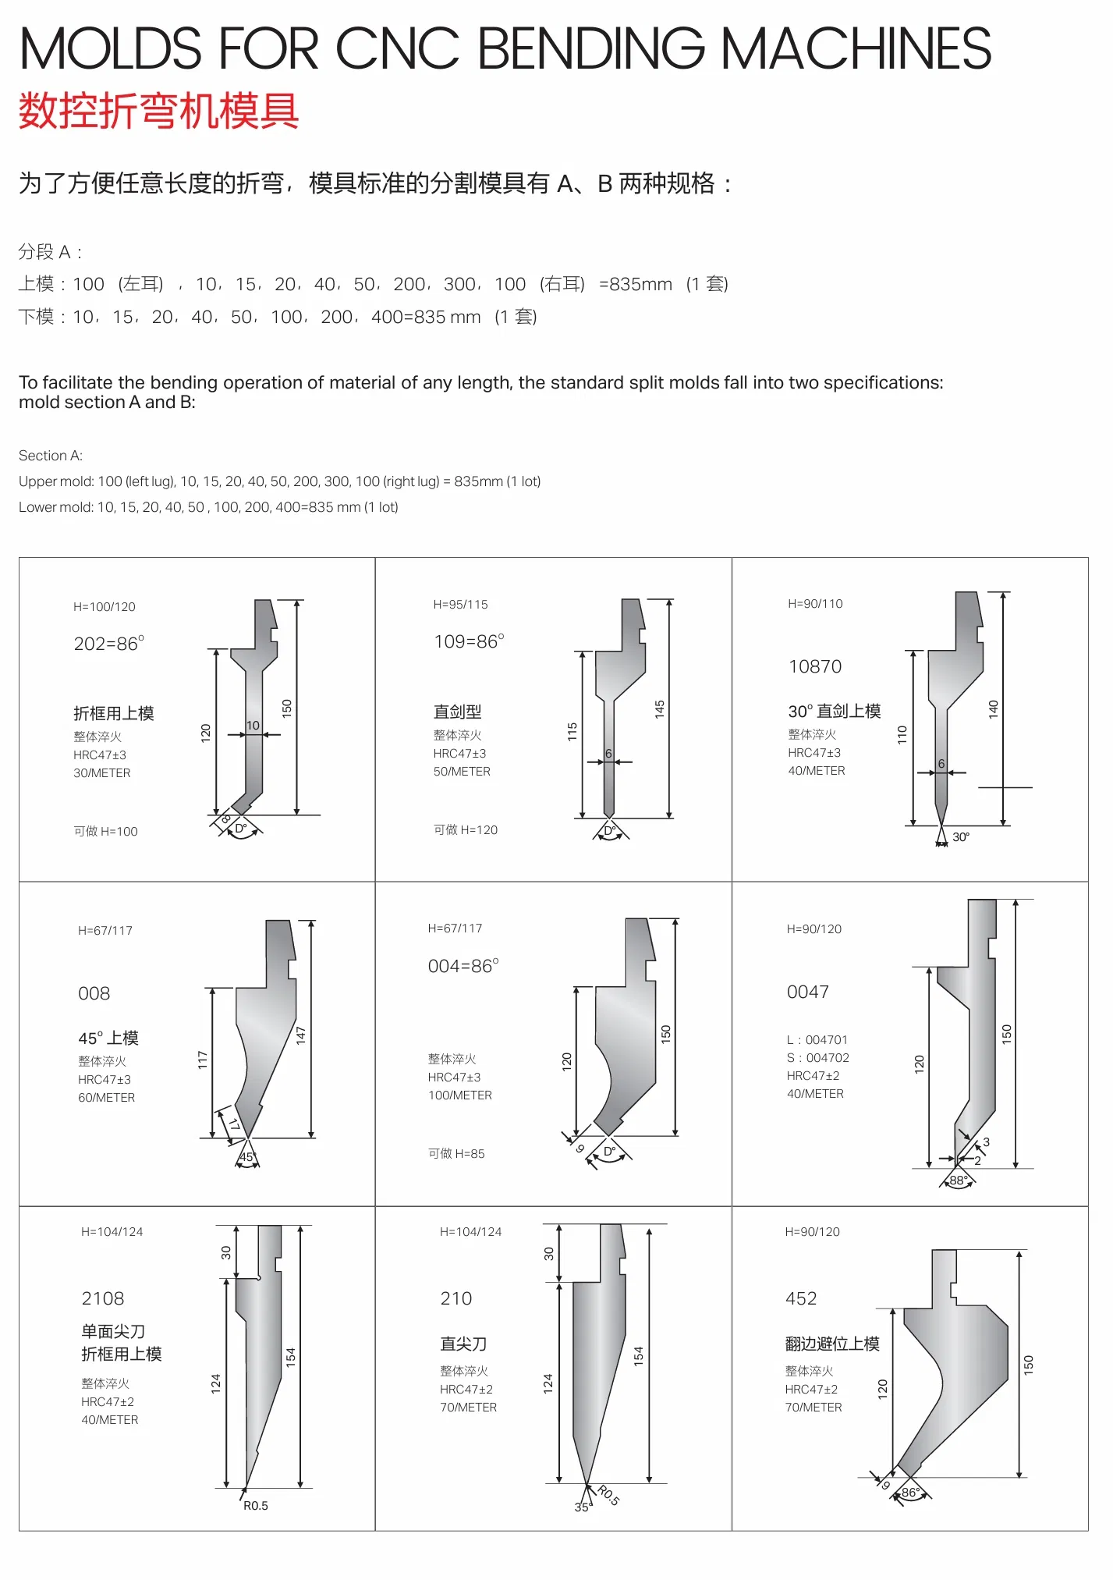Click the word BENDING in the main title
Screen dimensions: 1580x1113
[x=590, y=48]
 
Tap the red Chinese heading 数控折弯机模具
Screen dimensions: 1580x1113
[x=159, y=111]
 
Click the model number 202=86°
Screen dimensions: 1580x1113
[x=108, y=644]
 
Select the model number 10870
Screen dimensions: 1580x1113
[x=815, y=666]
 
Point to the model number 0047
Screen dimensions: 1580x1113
[x=807, y=992]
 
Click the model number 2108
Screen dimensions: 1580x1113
[x=103, y=1298]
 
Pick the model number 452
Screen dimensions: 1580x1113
[x=801, y=1298]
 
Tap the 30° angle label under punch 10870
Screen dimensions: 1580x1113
[x=961, y=837]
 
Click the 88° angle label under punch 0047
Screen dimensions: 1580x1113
[x=958, y=1181]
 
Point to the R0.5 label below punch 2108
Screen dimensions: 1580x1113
[x=255, y=1506]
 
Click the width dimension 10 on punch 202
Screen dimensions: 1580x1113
[x=253, y=726]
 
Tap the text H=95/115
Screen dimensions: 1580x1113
[x=460, y=605]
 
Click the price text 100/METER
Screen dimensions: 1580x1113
[x=460, y=1095]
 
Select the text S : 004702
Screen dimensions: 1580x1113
[x=817, y=1058]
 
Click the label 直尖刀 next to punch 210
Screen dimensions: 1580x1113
[x=463, y=1344]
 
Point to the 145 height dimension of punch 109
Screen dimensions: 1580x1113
[x=660, y=709]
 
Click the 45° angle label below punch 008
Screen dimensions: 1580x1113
[x=246, y=1158]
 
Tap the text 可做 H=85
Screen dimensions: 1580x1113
[x=456, y=1154]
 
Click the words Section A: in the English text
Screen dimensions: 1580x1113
[x=51, y=456]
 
